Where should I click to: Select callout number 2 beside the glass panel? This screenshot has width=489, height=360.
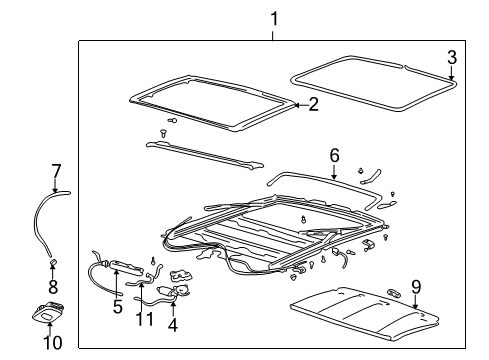click(x=313, y=104)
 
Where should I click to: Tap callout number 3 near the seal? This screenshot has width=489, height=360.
click(x=451, y=56)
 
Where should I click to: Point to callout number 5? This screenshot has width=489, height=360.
click(x=117, y=306)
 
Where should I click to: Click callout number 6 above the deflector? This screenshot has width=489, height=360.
click(x=335, y=155)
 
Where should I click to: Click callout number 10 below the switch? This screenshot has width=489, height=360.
click(x=53, y=343)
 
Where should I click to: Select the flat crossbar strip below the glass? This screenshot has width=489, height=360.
click(x=205, y=152)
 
